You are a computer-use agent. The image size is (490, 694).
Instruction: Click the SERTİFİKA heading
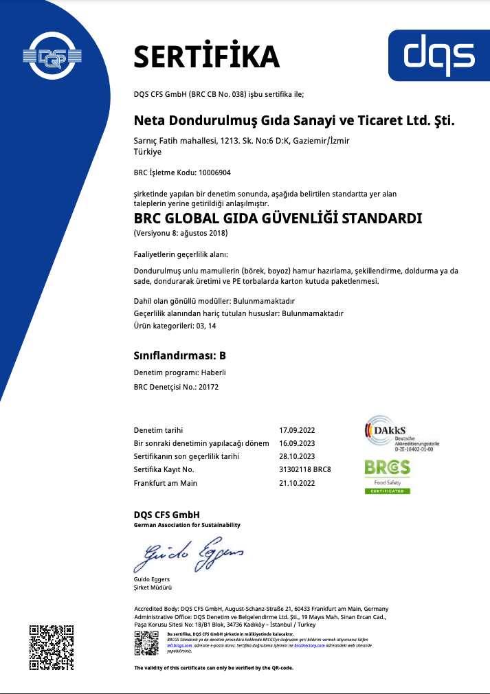[x=206, y=56]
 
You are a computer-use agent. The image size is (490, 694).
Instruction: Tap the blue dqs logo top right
[x=439, y=55]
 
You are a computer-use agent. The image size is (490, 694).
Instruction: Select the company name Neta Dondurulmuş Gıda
[x=294, y=120]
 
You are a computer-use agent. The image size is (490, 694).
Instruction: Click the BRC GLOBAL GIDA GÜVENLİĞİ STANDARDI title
[x=278, y=219]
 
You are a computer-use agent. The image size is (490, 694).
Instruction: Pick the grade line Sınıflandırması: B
[x=179, y=355]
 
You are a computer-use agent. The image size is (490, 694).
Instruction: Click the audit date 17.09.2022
[x=297, y=430]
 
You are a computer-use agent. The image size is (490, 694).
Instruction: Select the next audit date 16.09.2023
[x=297, y=443]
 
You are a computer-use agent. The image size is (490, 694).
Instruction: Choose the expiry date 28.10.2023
[x=297, y=456]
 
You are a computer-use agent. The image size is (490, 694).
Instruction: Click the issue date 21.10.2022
[x=297, y=483]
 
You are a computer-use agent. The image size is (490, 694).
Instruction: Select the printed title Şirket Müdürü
[x=153, y=587]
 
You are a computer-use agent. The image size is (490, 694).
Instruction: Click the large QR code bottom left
[x=52, y=646]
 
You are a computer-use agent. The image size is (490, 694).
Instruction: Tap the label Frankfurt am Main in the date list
[x=165, y=483]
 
